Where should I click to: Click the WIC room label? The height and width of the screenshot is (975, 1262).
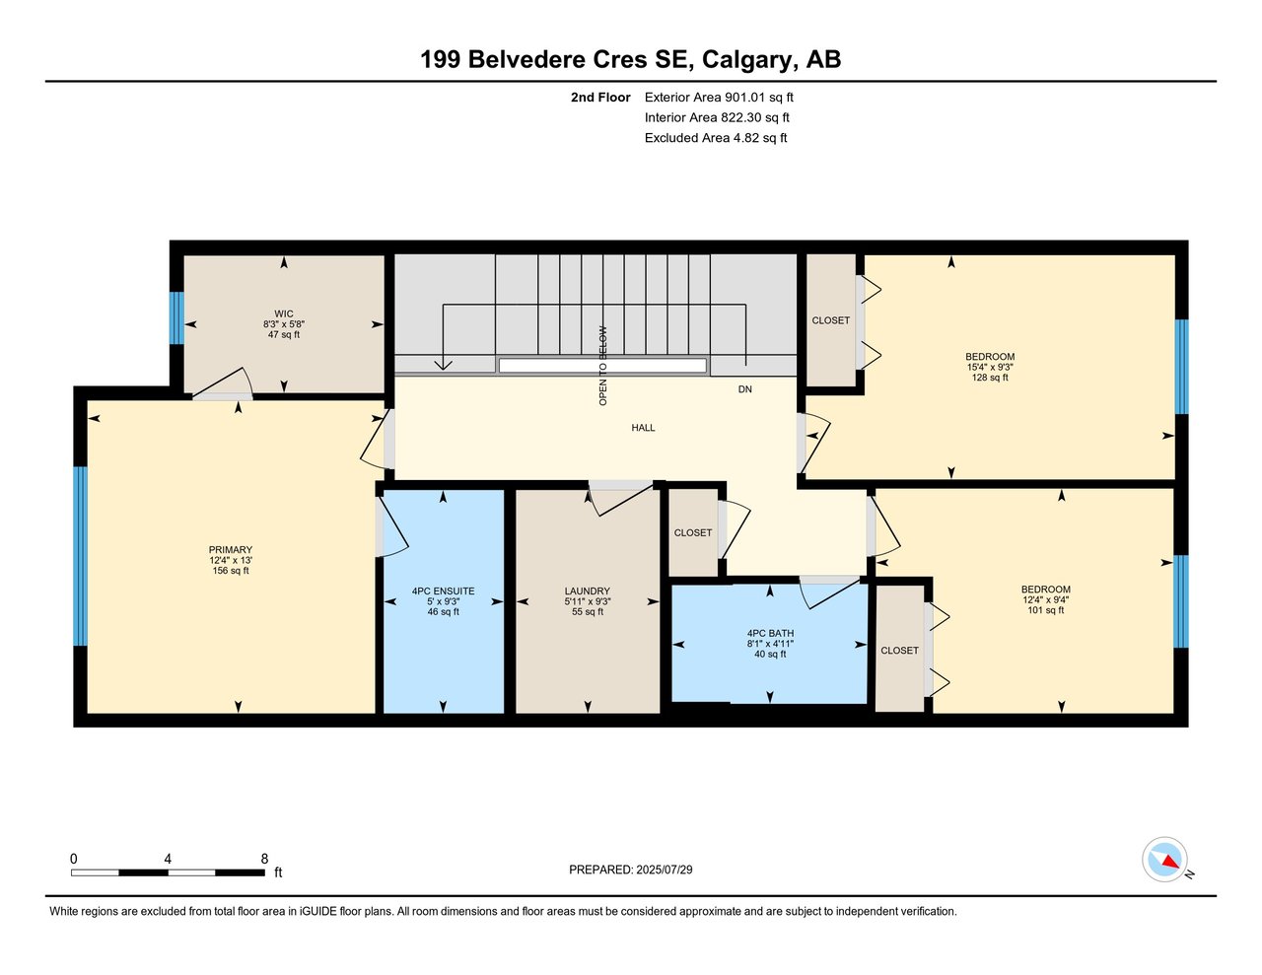283,314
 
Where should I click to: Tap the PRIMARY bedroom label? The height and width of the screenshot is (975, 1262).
231,549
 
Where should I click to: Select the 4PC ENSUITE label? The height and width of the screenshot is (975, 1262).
443,592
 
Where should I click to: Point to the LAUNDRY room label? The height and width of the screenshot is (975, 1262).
588,592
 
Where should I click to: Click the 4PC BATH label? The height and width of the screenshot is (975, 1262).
770,634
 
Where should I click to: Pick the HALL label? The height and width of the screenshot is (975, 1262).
643,428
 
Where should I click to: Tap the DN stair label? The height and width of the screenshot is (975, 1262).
744,389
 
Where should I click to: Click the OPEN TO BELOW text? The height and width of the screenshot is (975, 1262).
602,366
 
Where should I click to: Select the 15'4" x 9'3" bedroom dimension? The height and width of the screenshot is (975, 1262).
990,367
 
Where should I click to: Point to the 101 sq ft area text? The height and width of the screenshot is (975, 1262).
1045,610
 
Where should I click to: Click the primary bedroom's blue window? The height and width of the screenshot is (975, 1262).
80,556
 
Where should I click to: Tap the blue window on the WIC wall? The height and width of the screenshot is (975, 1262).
176,317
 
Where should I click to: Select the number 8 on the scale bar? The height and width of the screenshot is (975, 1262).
264,859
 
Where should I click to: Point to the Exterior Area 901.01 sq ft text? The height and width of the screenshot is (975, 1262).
719,98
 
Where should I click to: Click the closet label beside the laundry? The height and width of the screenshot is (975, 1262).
693,532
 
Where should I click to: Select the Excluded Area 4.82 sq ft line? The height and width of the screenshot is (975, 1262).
716,138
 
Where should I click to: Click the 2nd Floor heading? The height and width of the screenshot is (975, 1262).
600,98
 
